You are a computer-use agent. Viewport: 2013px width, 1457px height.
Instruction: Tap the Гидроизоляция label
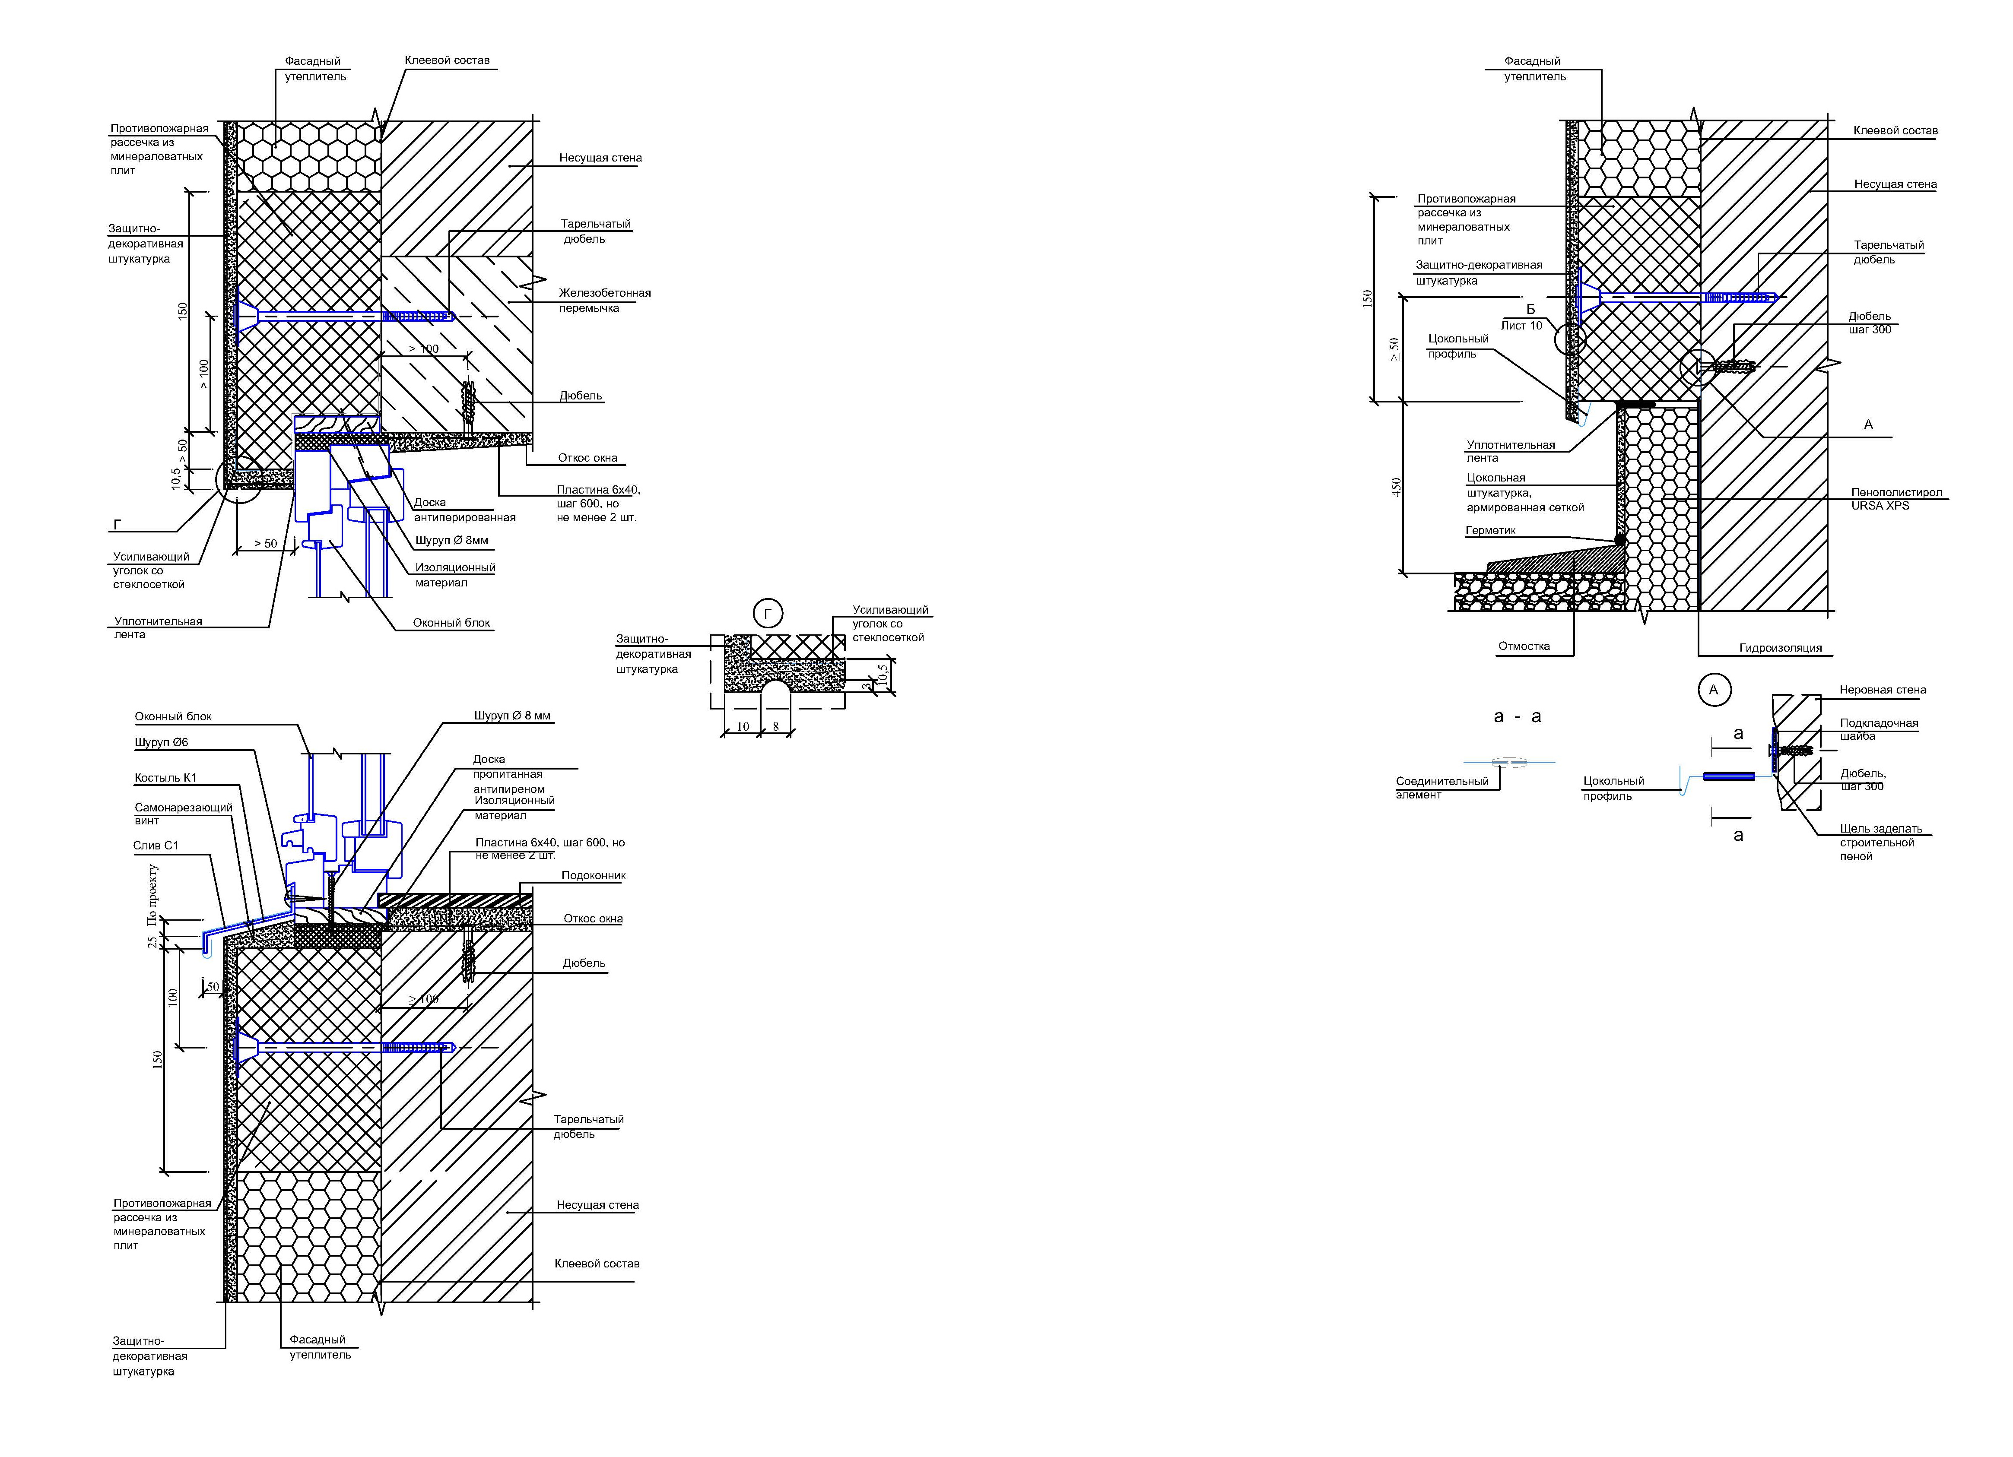1781,648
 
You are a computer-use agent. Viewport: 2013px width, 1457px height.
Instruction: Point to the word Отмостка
1524,646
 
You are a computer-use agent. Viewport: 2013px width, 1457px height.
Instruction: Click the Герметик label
1490,531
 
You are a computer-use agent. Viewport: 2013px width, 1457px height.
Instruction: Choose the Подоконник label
593,876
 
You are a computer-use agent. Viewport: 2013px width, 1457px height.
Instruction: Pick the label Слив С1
156,846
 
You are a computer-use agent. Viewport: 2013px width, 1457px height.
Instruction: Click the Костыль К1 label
165,778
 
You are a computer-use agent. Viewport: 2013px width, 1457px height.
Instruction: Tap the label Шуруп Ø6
162,743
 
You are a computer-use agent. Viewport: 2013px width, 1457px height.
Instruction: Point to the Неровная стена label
1883,690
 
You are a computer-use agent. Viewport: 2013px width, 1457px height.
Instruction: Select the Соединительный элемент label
1441,788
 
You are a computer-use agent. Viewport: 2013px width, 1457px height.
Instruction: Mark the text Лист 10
1521,326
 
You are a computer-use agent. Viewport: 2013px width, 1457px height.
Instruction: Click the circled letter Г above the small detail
768,613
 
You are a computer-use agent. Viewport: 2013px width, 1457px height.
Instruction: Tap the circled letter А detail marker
1713,690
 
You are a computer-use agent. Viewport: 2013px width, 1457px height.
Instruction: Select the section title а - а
1518,716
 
